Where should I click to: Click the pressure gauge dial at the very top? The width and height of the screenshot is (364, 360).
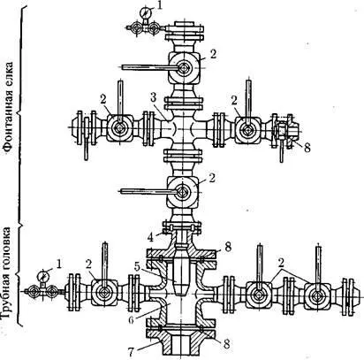145,12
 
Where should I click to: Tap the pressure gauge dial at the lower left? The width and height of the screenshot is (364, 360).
43,276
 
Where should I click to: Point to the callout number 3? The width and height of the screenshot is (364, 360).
153,98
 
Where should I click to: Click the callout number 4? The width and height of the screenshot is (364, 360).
151,237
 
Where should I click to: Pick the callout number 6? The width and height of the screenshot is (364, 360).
131,320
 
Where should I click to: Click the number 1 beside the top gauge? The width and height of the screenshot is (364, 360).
159,5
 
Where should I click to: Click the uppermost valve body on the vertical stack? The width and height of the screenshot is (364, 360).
185,68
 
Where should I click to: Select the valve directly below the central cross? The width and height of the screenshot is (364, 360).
183,192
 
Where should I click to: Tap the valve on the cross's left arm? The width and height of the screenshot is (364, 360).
120,128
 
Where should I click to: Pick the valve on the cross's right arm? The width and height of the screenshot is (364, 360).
247,130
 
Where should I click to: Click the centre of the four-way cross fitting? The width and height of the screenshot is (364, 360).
183,128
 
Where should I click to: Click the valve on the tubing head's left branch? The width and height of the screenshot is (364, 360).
104,292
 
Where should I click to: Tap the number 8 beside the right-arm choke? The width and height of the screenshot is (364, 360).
307,148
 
